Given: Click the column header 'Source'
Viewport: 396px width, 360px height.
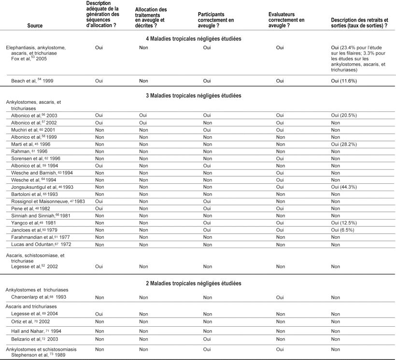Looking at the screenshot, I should click(x=36, y=26).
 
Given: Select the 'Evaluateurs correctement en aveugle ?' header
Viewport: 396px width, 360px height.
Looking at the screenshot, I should click(x=286, y=20).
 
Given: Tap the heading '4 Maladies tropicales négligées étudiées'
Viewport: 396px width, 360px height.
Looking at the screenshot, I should click(x=193, y=38).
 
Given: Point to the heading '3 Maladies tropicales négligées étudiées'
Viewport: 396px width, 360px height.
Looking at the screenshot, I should click(x=193, y=96).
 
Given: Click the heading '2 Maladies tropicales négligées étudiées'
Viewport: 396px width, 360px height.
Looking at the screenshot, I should click(x=193, y=283).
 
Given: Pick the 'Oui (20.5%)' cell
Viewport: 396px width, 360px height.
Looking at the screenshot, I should click(x=344, y=116).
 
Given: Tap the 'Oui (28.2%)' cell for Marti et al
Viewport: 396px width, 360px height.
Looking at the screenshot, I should click(x=344, y=144).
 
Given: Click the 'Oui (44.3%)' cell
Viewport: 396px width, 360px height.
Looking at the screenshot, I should click(x=344, y=186).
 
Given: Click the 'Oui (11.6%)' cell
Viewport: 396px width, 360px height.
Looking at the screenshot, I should click(x=344, y=81).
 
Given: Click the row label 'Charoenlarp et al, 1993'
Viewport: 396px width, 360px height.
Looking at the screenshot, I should click(x=39, y=297).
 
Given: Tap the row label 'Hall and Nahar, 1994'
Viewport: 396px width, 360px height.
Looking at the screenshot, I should click(x=36, y=331).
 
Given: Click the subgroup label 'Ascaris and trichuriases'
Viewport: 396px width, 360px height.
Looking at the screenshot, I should click(x=31, y=306).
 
